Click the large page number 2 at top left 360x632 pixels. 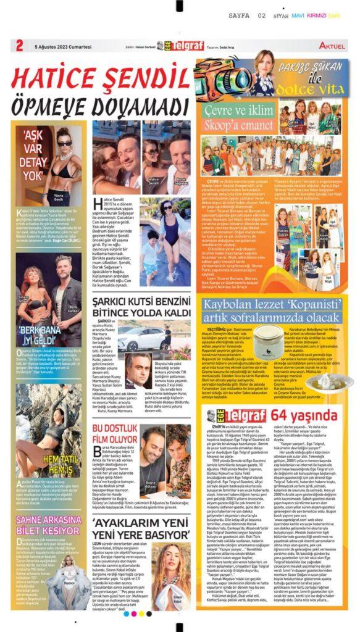click(x=20, y=44)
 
